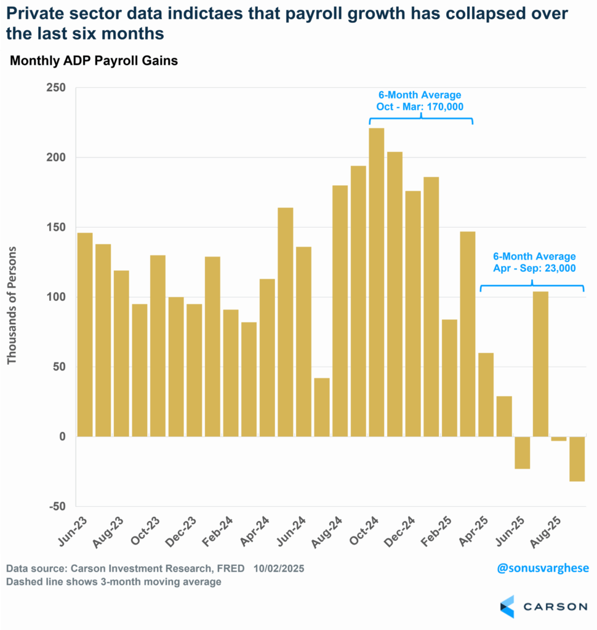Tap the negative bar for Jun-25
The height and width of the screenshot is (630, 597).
523,453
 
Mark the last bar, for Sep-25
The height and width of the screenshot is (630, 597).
577,459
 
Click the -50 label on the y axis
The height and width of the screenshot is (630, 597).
58,506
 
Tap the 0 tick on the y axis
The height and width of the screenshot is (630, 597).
62,437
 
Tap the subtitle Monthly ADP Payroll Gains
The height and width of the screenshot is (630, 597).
93,61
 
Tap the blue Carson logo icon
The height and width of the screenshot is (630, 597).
507,607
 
